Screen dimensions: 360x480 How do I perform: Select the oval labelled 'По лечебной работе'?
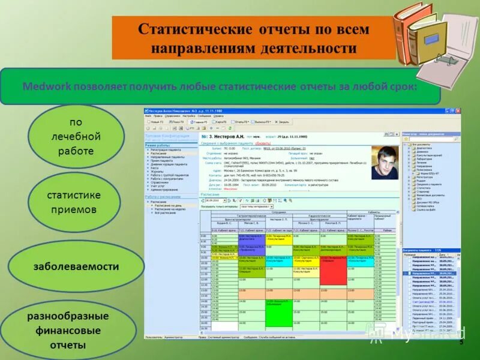pyautogui.click(x=72, y=137)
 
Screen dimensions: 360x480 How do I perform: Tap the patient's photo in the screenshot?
pyautogui.click(x=383, y=163)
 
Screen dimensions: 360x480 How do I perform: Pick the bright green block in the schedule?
pyautogui.click(x=278, y=315)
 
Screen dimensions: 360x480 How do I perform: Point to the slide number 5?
pyautogui.click(x=461, y=341)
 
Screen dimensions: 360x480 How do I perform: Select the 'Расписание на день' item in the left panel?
pyautogui.click(x=168, y=206)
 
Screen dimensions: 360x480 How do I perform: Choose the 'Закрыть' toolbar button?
pyautogui.click(x=281, y=121)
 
